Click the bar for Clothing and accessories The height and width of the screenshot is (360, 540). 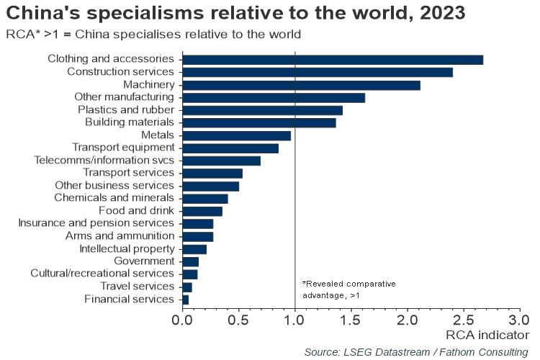pyautogui.click(x=333, y=59)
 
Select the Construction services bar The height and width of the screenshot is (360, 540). pyautogui.click(x=318, y=72)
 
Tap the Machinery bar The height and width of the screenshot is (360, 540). pyautogui.click(x=301, y=85)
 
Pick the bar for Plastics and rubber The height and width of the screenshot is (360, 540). pyautogui.click(x=262, y=110)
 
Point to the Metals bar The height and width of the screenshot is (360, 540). pyautogui.click(x=237, y=135)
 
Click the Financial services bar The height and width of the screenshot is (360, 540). pyautogui.click(x=186, y=299)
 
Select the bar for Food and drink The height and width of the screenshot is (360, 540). pyautogui.click(x=202, y=211)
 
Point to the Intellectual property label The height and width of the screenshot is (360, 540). pyautogui.click(x=127, y=248)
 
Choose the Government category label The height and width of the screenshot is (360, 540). pyautogui.click(x=144, y=261)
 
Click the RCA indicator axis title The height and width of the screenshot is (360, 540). pyautogui.click(x=487, y=335)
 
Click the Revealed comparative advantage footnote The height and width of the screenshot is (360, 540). pyautogui.click(x=348, y=289)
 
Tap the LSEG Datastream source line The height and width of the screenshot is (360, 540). pyautogui.click(x=416, y=351)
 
